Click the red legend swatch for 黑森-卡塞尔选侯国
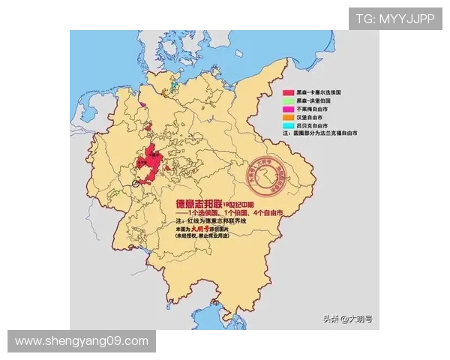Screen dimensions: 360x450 (x=287, y=90)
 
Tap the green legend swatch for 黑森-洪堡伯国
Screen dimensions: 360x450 (x=287, y=99)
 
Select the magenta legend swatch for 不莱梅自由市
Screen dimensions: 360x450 (x=287, y=108)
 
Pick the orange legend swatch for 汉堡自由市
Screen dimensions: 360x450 (x=287, y=117)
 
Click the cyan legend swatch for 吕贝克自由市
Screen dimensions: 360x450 (x=287, y=125)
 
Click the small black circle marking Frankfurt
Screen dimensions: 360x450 (x=136, y=182)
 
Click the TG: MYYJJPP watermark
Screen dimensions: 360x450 (x=395, y=18)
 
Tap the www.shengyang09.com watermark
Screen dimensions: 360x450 (x=81, y=341)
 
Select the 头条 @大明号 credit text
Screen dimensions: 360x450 (x=347, y=319)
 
